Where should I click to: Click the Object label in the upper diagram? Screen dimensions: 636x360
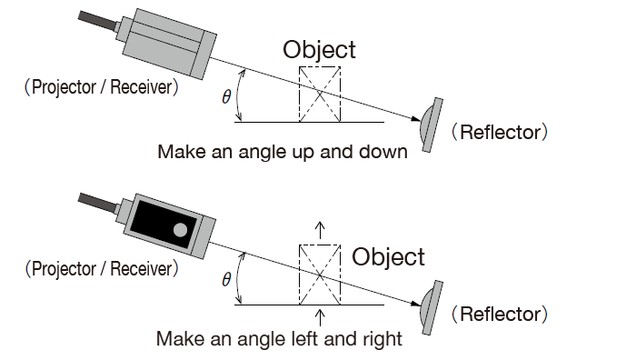[319, 50]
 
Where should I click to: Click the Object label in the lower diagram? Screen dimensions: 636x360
[388, 257]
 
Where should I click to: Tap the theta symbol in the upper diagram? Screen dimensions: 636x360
[226, 97]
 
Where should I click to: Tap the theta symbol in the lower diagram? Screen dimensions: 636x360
[226, 280]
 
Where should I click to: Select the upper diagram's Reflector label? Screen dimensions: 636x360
[500, 133]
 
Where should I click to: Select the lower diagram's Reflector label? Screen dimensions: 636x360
[500, 315]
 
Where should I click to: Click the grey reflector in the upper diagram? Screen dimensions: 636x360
[431, 125]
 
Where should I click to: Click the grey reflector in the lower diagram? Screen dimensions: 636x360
[431, 307]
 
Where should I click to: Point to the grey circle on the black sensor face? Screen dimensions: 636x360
[181, 230]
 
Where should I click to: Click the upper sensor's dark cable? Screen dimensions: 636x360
[98, 21]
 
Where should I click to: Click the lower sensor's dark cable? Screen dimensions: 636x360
[98, 203]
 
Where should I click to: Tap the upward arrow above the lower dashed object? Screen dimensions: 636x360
[320, 230]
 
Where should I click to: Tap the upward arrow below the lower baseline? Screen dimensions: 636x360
[320, 318]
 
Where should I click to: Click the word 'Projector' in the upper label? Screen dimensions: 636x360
[64, 87]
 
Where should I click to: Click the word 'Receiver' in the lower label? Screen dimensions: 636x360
[141, 269]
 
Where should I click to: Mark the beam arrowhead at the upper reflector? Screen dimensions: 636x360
[416, 118]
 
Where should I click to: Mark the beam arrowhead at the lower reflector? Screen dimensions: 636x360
[416, 303]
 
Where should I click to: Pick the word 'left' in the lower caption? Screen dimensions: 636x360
[306, 338]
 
